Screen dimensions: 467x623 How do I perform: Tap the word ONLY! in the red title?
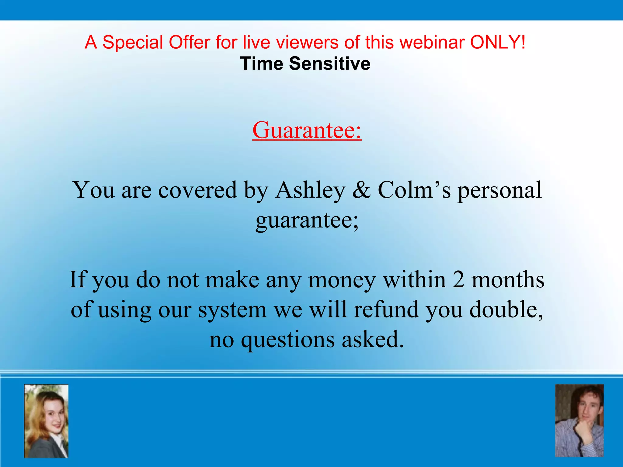pyautogui.click(x=498, y=42)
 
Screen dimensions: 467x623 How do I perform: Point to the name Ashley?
pyautogui.click(x=310, y=190)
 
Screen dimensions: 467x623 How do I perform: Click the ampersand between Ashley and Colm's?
pyautogui.click(x=361, y=190)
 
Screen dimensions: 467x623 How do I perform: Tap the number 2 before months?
pyautogui.click(x=458, y=280)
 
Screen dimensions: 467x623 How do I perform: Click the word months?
pyautogui.click(x=508, y=280)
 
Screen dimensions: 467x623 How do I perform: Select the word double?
pyautogui.click(x=506, y=310)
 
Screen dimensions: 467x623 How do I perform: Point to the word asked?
pyautogui.click(x=373, y=339)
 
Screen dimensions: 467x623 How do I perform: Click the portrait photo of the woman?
pyautogui.click(x=46, y=421)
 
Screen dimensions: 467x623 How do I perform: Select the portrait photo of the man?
pyautogui.click(x=579, y=421)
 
